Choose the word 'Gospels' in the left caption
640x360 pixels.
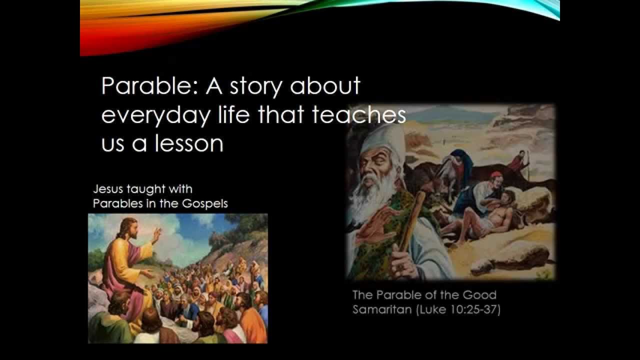(x=205, y=203)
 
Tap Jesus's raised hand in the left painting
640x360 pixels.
(x=157, y=234)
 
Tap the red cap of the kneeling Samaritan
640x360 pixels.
(x=496, y=175)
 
